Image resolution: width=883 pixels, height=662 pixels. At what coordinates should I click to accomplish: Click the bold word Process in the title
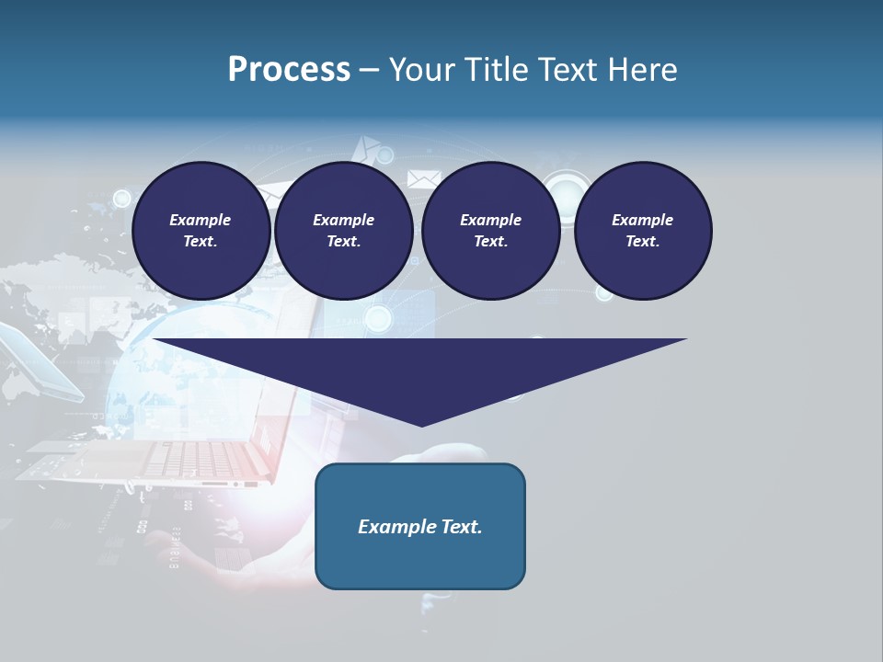(289, 70)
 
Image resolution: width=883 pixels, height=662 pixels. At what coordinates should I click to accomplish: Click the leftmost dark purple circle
(201, 231)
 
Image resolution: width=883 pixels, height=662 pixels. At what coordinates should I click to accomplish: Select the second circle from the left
(344, 231)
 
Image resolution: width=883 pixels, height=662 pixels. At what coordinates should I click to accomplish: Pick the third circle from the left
(491, 231)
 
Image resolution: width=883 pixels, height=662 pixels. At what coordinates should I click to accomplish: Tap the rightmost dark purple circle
(643, 231)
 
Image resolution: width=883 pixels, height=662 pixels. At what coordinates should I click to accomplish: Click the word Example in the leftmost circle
(201, 220)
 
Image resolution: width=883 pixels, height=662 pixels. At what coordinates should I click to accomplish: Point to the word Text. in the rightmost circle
(643, 242)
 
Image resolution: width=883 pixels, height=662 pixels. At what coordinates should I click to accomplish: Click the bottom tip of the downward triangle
(421, 424)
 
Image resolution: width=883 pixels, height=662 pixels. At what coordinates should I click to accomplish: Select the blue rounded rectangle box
(420, 526)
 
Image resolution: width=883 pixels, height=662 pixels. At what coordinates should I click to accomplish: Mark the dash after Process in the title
(369, 71)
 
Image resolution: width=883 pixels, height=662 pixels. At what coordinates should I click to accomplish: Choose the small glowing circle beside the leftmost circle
(121, 197)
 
